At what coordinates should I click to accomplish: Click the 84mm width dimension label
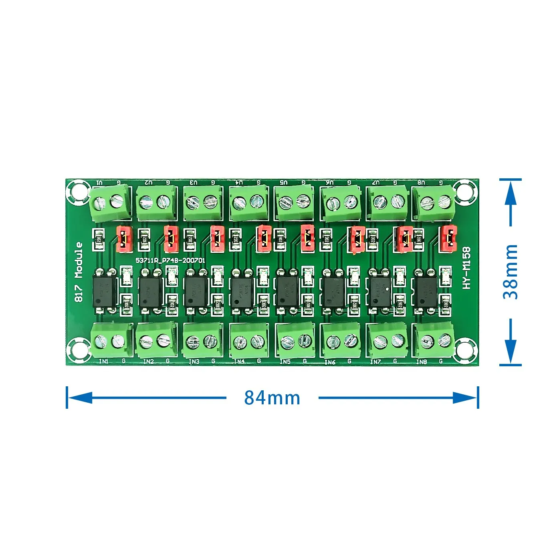(x=272, y=398)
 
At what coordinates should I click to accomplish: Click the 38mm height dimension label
(x=511, y=272)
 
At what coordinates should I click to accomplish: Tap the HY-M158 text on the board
(x=466, y=268)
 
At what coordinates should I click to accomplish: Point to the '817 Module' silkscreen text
(x=79, y=272)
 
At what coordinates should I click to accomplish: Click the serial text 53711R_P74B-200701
(x=170, y=260)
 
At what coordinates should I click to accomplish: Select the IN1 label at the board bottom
(x=103, y=361)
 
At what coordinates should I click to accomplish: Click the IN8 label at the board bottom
(x=422, y=362)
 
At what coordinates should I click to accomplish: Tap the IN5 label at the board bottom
(x=285, y=361)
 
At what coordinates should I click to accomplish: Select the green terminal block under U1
(x=110, y=203)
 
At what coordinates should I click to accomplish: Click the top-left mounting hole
(x=78, y=190)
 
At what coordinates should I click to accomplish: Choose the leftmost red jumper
(x=124, y=239)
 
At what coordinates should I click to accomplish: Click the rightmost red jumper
(x=448, y=239)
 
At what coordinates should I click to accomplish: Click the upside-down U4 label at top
(x=239, y=182)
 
